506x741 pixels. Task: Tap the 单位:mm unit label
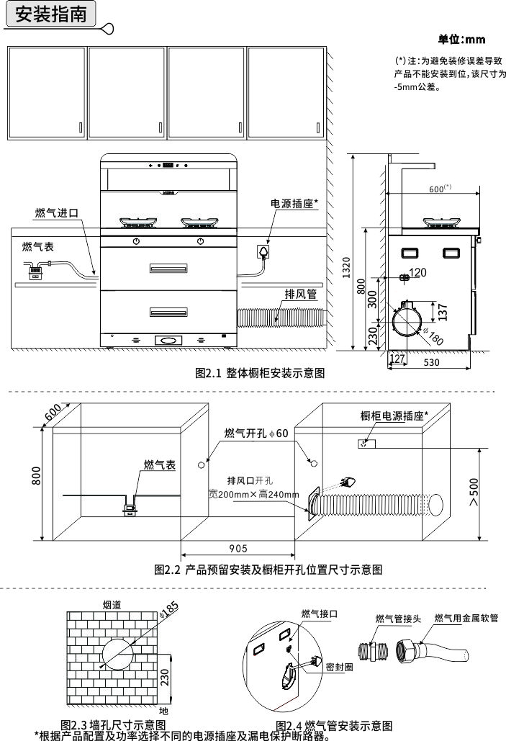[461, 39]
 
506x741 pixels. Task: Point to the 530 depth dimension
[430, 363]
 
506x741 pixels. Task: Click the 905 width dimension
[238, 547]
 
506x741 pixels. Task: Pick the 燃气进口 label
[56, 213]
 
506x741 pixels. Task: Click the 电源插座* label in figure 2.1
[294, 204]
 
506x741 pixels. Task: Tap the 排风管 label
[300, 294]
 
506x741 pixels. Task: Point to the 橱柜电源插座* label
[394, 416]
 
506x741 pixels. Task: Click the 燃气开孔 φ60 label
[256, 434]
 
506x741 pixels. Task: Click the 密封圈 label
[339, 667]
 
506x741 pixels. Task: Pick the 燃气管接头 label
[399, 618]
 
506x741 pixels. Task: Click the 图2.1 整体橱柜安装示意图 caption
[260, 374]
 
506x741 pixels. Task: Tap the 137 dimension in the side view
[443, 310]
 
